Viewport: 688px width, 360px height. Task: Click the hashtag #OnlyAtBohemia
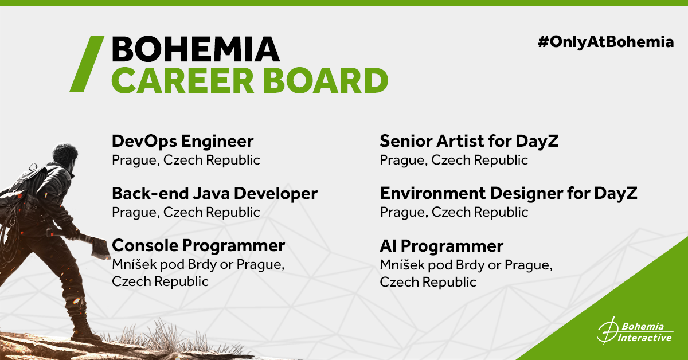605,42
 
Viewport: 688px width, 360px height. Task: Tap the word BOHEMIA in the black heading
196,49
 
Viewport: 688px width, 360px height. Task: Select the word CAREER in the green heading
183,80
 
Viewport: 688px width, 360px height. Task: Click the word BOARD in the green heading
326,80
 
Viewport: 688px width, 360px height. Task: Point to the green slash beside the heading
87,64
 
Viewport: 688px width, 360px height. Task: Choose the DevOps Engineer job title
183,142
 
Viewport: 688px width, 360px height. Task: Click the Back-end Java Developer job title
214,194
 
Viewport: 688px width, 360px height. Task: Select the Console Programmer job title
198,246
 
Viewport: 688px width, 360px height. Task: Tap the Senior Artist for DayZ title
469,142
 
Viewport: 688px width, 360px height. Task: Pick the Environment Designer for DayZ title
509,194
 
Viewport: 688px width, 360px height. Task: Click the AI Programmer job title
441,246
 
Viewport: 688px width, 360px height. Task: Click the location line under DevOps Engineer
186,161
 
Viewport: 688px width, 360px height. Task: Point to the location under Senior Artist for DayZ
454,161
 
